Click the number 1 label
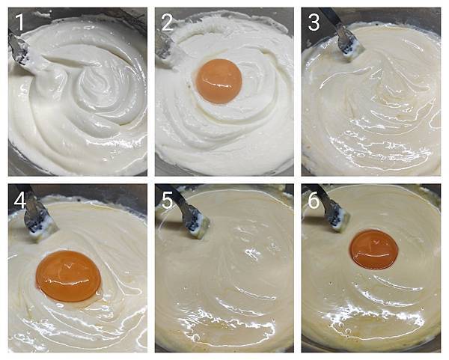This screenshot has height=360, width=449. pos(19,22)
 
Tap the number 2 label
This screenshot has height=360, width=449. pos(167,22)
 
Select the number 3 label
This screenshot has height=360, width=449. pos(314,22)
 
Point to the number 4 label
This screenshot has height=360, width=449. pos(20,201)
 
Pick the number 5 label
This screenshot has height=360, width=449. pos(167,201)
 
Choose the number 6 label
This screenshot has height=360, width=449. pos(314,201)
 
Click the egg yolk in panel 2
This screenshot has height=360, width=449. pos(219,82)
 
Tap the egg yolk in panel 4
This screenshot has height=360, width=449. pos(68,276)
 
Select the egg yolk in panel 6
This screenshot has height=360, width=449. pos(374,250)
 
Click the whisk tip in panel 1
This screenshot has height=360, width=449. pos(22,53)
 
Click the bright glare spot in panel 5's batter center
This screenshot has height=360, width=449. pos(253,253)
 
